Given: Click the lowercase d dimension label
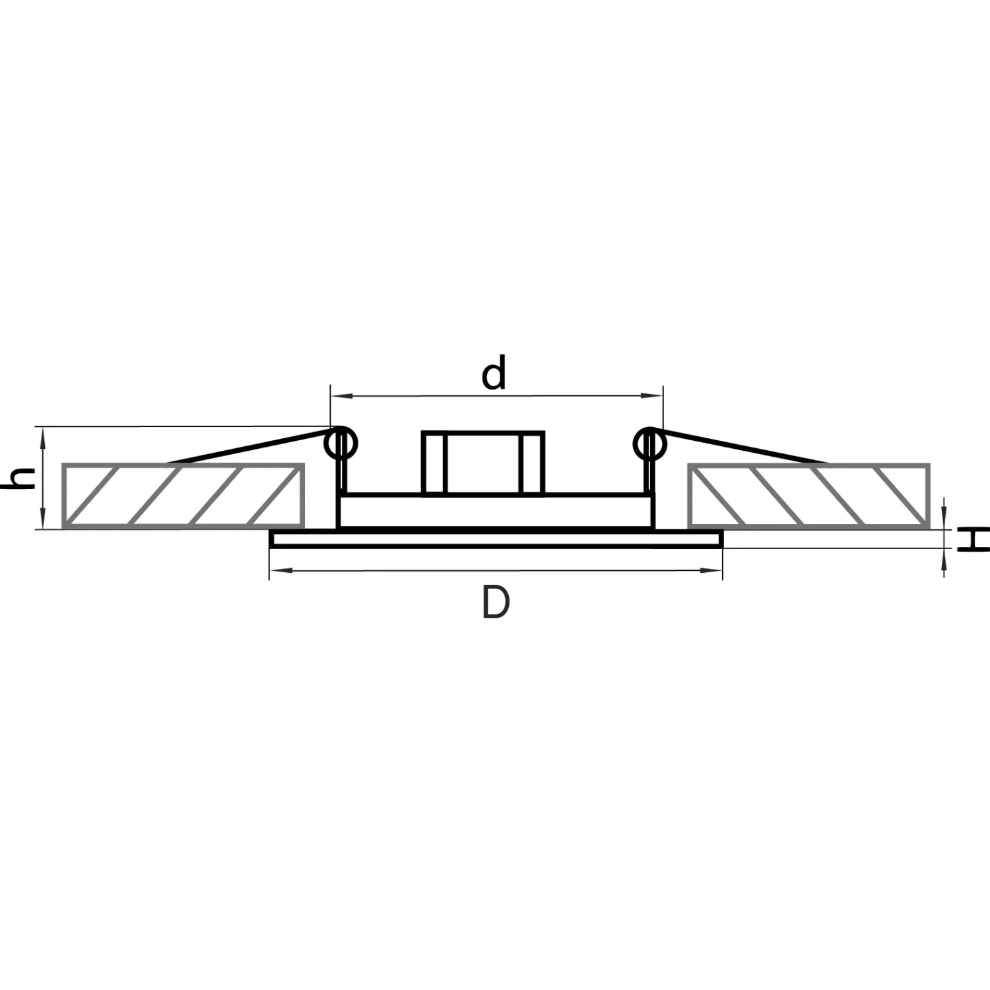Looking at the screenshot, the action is pos(494,373).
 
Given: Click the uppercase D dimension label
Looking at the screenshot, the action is pos(496,602).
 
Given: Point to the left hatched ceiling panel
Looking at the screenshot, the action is pos(183,496).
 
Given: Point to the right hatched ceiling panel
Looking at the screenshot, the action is pos(808,496).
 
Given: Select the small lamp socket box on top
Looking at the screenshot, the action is pos(483,463).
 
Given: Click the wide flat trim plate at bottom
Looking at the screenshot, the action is pos(496,539).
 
